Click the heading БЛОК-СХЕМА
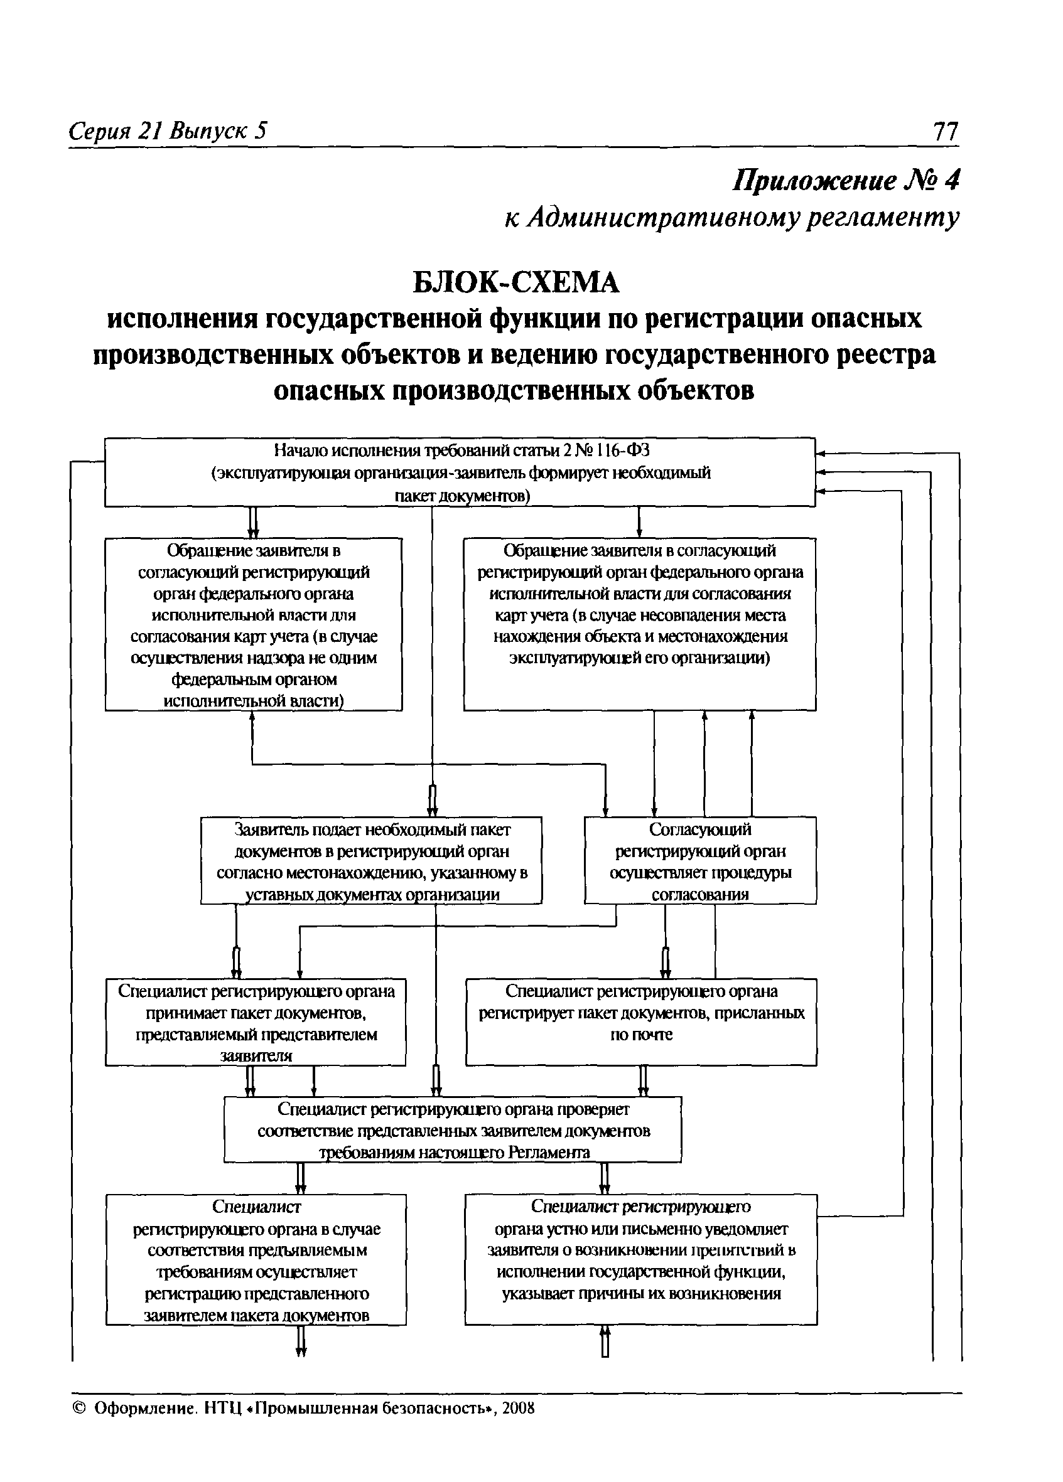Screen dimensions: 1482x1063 [516, 283]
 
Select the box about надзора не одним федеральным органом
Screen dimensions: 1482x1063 [254, 625]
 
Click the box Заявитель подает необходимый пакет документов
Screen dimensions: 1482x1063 [371, 861]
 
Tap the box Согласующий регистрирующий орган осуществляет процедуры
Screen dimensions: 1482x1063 [700, 861]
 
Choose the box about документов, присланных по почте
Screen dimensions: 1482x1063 [640, 1021]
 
